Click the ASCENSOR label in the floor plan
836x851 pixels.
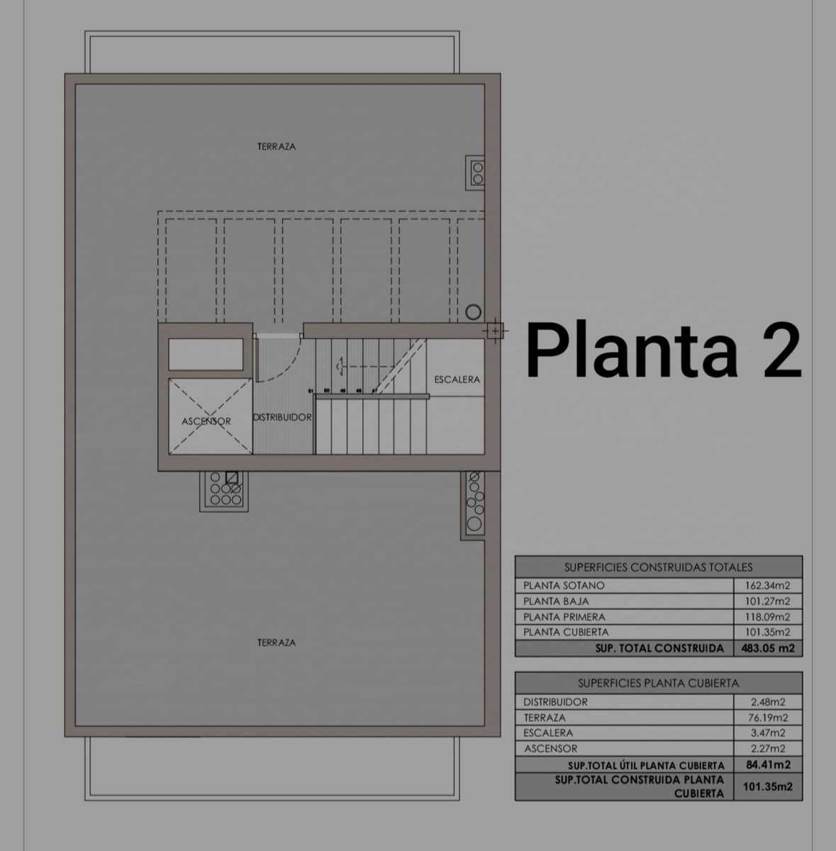206,421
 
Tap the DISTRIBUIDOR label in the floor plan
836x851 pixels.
282,417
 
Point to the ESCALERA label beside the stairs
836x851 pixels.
457,379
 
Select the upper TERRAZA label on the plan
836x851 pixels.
277,147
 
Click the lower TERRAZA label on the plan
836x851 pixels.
277,643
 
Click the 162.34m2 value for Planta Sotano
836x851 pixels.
767,586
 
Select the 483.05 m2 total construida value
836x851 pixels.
767,648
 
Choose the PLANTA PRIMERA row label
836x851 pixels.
564,617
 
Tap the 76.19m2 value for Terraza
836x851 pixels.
768,718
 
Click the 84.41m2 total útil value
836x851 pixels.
768,764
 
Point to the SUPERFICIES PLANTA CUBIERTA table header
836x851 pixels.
658,683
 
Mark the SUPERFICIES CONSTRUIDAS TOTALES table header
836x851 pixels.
658,567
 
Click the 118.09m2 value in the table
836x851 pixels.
767,617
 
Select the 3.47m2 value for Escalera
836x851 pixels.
768,733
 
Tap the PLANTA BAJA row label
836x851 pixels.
556,601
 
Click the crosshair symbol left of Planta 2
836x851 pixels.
494,330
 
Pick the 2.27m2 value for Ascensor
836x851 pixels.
768,749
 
